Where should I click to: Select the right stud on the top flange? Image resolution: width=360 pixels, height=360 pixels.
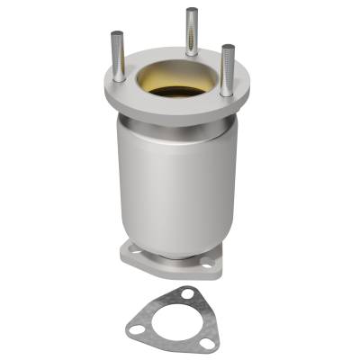point(228,70)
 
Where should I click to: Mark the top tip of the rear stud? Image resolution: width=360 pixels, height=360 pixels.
point(192,11)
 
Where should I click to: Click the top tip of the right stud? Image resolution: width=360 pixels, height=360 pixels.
point(228,47)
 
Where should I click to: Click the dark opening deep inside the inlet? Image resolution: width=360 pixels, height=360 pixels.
point(176,91)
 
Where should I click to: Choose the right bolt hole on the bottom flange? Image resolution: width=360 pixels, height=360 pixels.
point(209,263)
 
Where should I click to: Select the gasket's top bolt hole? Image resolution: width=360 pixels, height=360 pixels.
point(186,293)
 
